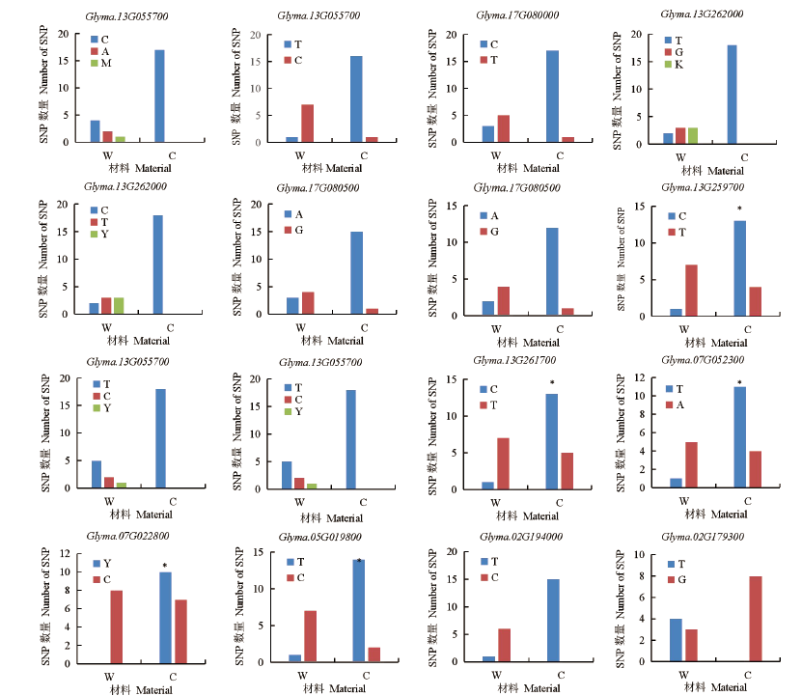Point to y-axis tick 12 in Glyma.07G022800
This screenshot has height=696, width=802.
click(x=65, y=553)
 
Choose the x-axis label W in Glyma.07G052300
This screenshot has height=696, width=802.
click(x=682, y=501)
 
